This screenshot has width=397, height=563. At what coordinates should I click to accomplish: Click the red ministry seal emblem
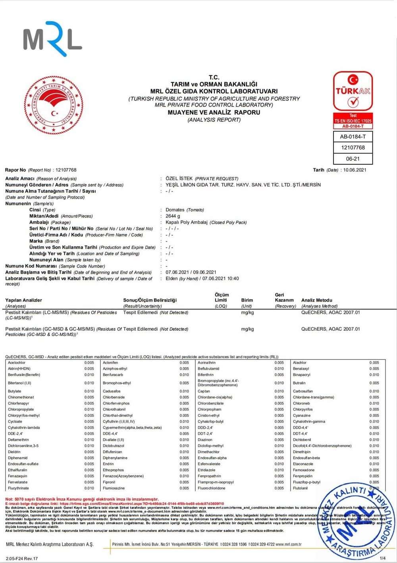coord(54,105)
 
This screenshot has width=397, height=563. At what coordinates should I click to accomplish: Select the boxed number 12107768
coord(353,148)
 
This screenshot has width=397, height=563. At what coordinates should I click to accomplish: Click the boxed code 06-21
coord(353,159)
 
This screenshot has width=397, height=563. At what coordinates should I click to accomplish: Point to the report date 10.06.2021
coord(355,170)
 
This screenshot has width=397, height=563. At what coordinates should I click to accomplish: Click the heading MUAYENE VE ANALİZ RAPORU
coord(214,112)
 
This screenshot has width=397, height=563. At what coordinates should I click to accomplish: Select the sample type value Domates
coord(175,210)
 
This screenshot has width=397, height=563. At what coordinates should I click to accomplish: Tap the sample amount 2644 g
coord(173,216)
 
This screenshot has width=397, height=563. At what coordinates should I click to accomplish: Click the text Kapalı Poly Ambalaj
coord(187,223)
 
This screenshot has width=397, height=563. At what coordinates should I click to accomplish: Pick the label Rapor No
coord(15,170)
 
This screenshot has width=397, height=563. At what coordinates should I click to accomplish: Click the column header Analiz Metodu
coord(316,300)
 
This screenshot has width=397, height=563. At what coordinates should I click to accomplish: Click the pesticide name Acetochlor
coord(17,363)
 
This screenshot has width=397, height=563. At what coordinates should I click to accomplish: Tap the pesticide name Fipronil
coord(109,482)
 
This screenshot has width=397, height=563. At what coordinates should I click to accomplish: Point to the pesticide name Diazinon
coord(205,440)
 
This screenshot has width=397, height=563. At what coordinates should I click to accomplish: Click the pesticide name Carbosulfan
coord(303,391)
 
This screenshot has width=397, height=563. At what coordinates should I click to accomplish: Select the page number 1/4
coord(383,558)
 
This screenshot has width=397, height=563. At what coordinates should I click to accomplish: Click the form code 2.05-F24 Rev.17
coord(22,558)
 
